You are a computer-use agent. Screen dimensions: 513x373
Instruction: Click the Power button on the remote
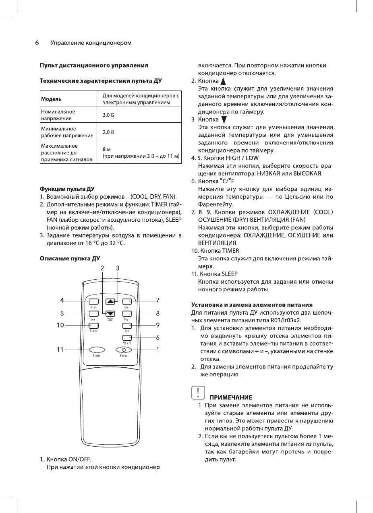tap(124, 349)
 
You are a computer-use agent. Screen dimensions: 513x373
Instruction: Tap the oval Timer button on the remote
tap(97, 349)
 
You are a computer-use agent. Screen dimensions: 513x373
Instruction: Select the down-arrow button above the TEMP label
tap(110, 314)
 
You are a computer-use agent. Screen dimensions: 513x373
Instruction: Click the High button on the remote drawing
tap(93, 301)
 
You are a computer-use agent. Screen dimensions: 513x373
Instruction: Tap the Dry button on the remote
tap(127, 314)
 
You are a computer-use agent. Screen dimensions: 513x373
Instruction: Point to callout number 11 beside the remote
tap(60, 349)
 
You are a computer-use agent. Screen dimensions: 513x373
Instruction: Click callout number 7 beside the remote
tap(158, 300)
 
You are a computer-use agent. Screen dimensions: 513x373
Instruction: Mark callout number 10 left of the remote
tap(60, 325)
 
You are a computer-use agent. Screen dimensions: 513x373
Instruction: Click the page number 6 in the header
tap(36, 43)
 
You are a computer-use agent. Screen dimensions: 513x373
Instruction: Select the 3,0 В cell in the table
tap(108, 115)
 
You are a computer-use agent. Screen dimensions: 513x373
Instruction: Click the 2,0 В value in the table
tap(108, 132)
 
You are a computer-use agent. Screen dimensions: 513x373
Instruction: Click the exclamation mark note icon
tap(197, 392)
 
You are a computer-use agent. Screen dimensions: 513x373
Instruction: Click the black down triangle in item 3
tap(224, 119)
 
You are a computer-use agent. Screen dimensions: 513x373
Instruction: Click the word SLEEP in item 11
tap(230, 274)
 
